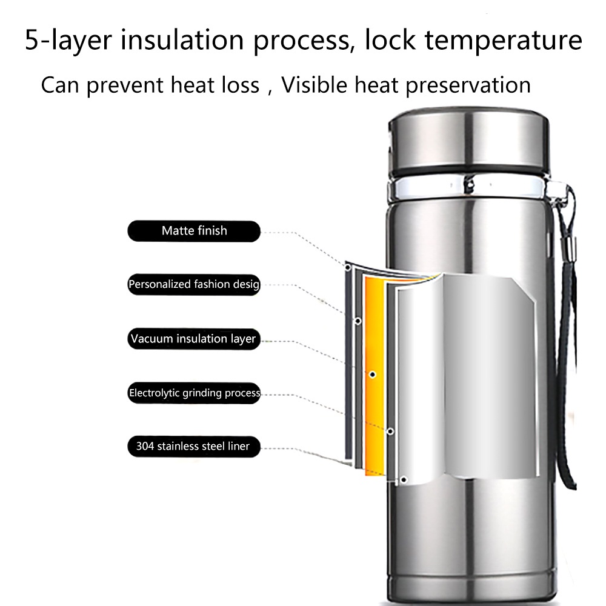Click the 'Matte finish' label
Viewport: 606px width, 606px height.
[194, 231]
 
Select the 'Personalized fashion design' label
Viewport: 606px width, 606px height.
[194, 284]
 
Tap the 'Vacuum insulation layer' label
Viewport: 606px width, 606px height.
[194, 339]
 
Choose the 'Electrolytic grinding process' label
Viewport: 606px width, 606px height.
[194, 393]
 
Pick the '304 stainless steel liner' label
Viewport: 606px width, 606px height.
[194, 447]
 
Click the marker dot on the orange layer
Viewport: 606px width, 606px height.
[373, 375]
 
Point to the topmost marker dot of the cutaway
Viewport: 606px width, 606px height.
[348, 267]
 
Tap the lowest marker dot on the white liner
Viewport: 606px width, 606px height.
[404, 480]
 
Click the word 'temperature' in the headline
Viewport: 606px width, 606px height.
[503, 40]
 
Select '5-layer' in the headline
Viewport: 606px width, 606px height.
[68, 40]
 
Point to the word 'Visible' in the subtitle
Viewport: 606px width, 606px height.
[314, 85]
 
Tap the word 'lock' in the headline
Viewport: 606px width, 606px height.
[390, 39]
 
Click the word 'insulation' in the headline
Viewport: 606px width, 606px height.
[182, 39]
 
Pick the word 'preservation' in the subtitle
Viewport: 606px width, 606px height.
[468, 86]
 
